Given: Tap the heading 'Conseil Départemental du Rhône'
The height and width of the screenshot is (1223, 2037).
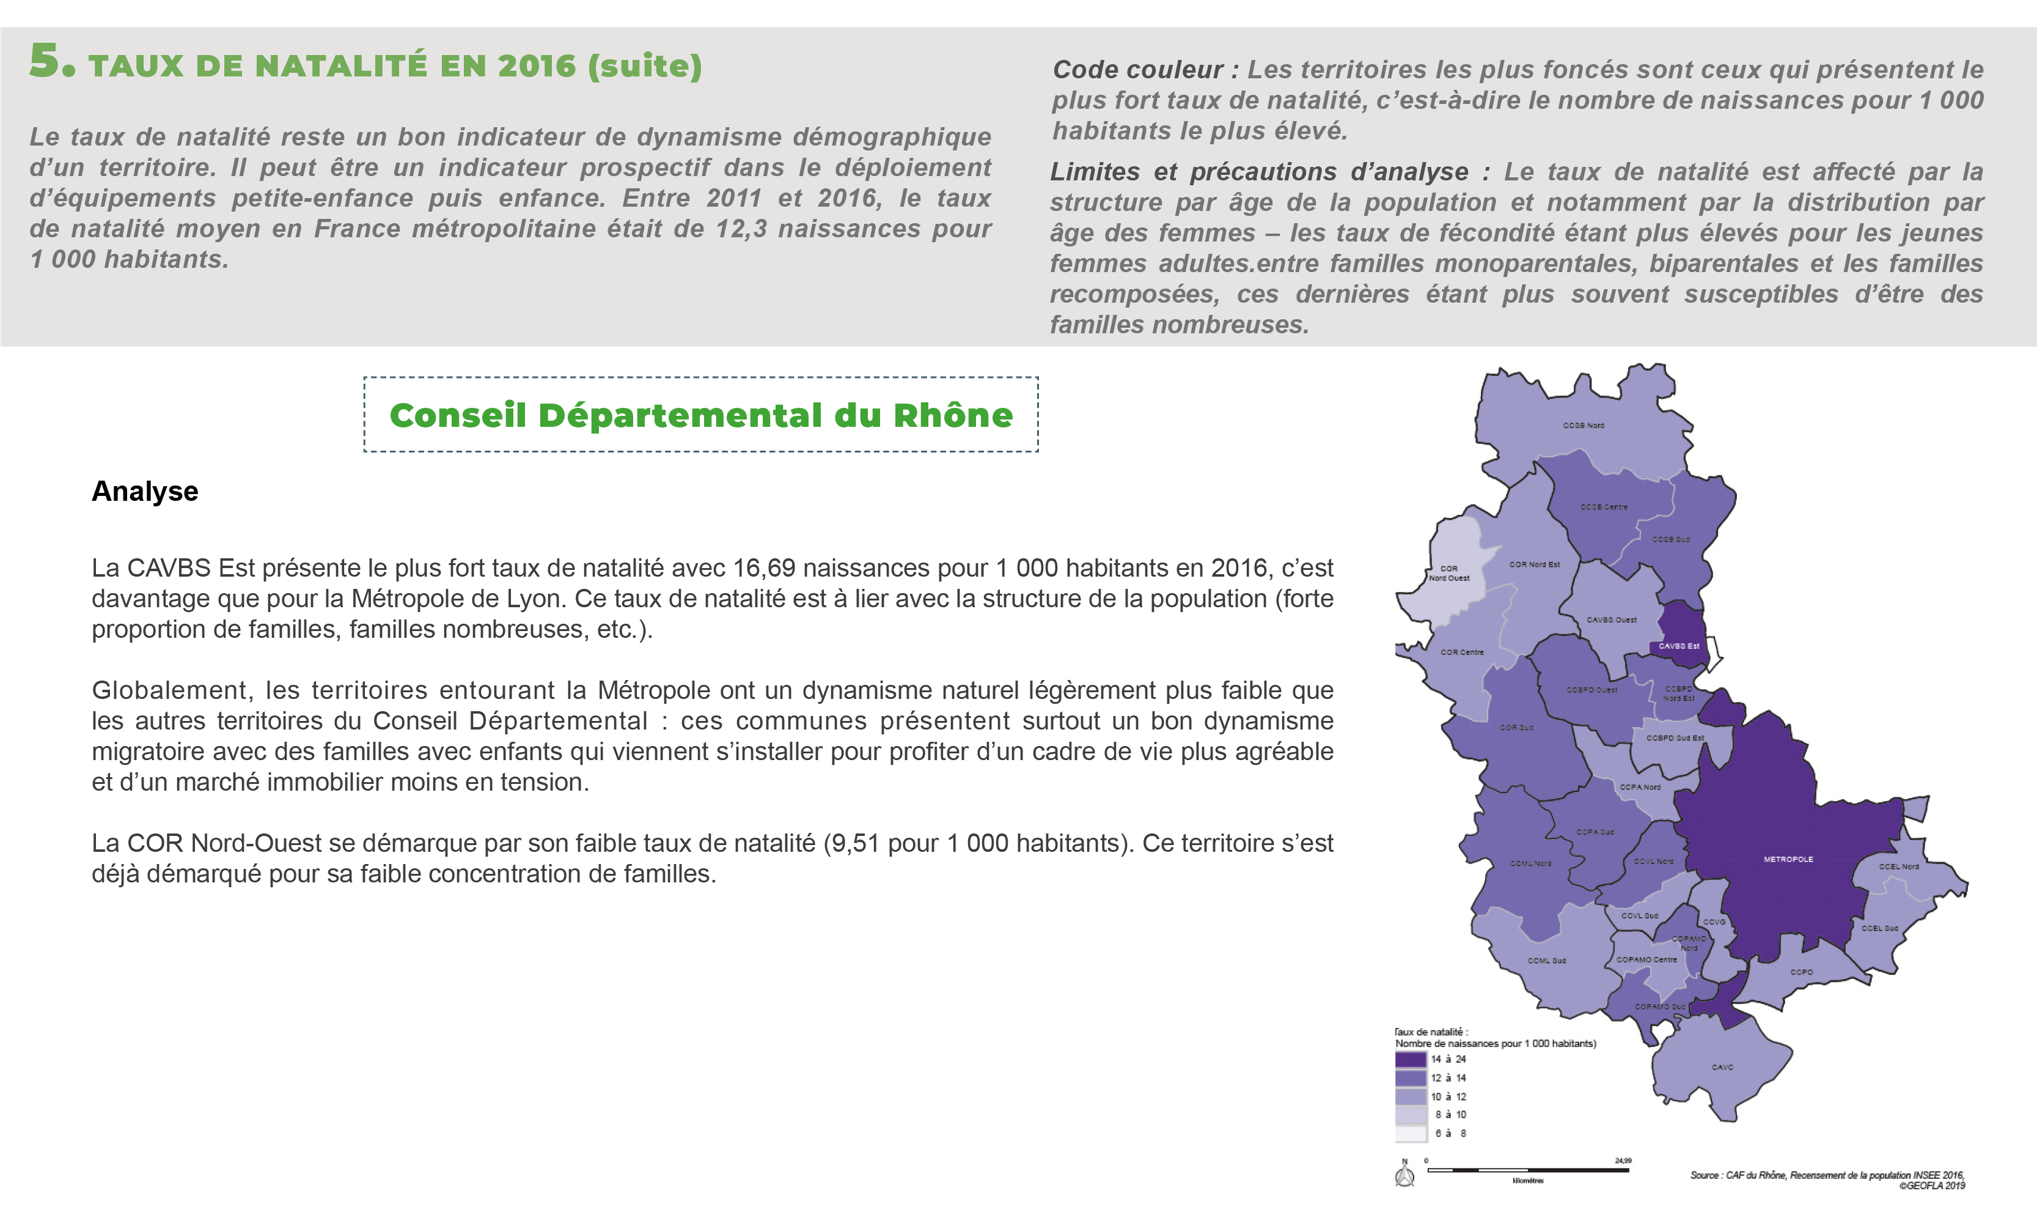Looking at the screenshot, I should click(x=701, y=415).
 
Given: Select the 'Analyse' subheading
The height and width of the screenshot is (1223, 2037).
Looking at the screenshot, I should click(x=145, y=491).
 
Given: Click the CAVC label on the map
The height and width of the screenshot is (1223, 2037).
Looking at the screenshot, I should click(x=1722, y=1067).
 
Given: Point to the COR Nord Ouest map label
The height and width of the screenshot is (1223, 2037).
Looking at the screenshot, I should click(x=1449, y=574).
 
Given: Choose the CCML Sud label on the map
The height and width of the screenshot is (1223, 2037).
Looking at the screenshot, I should click(x=1546, y=961).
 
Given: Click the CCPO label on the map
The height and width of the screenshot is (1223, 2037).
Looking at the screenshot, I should click(x=1802, y=972).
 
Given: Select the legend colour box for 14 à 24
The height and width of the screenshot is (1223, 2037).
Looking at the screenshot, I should click(x=1410, y=1060).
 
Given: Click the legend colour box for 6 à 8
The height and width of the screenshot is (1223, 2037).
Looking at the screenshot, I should click(x=1410, y=1134).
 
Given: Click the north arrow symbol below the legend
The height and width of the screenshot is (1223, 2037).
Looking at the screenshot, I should click(x=1405, y=1174).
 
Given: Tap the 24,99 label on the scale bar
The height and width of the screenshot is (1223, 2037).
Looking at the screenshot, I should click(x=1623, y=1161).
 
